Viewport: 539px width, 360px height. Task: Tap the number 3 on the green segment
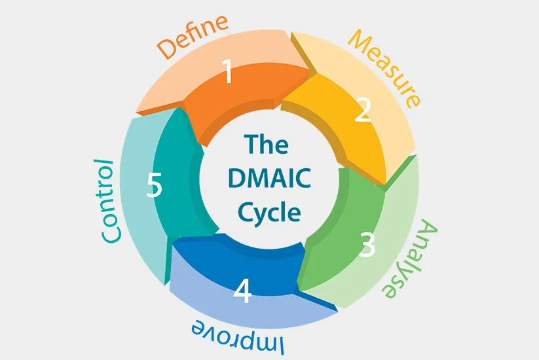pos(368,245)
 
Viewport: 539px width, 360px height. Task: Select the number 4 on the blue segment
pos(242,291)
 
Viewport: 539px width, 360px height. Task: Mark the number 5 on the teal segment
pos(154,186)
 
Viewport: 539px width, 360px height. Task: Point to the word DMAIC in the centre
pos(269,179)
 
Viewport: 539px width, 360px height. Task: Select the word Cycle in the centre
pos(269,213)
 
